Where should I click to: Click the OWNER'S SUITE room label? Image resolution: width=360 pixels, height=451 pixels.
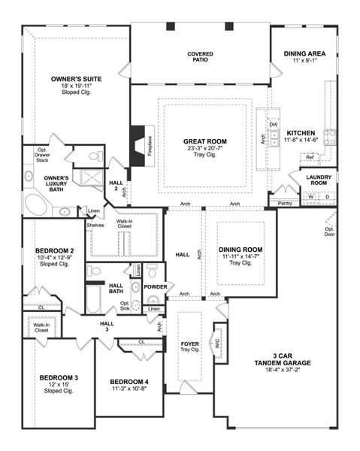coord(76,78)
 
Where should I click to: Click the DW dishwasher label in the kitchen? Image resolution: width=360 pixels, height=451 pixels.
coord(274,124)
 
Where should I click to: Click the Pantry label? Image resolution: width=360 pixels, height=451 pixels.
coord(285,203)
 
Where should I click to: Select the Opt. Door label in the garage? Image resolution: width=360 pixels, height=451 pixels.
coord(329,232)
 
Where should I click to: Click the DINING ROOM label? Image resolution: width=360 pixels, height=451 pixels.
coord(241,250)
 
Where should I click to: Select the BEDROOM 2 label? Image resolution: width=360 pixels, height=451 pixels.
coord(55,250)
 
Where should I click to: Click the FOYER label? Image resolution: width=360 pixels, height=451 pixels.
coord(189,344)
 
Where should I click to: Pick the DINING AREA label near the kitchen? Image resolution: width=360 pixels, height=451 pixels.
coord(304,54)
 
